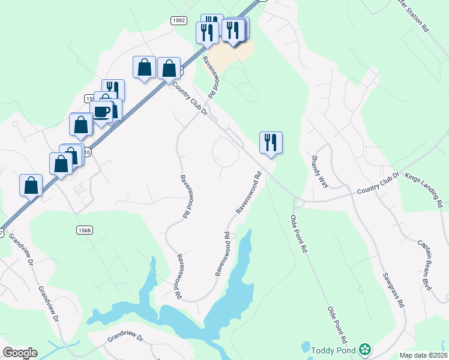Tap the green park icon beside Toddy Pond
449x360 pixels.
[x=364, y=349]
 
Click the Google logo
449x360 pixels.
[x=20, y=353]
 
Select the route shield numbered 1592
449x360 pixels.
[x=178, y=20]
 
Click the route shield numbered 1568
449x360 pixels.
[x=85, y=230]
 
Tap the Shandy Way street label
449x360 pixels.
[x=319, y=172]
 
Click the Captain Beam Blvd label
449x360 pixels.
[x=425, y=265]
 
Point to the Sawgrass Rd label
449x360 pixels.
[x=393, y=290]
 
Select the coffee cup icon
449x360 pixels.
[x=102, y=111]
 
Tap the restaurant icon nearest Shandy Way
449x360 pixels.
[x=271, y=142]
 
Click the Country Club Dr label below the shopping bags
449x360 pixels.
[x=189, y=100]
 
